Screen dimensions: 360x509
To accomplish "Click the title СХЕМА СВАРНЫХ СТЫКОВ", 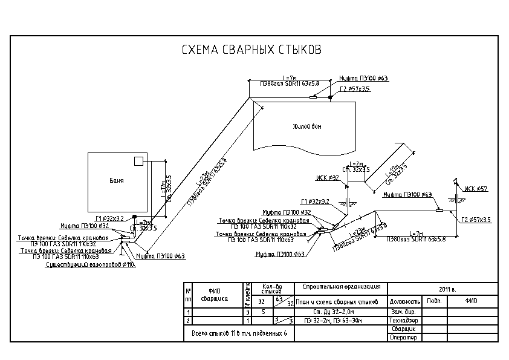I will point(251,50).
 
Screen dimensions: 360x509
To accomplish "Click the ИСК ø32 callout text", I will point(327,178).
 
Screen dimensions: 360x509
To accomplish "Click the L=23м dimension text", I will point(201,181).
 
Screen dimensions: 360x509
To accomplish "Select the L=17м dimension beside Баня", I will point(162,185).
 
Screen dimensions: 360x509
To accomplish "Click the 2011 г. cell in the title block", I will point(447,289).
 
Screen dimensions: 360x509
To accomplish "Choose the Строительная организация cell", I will point(340,286).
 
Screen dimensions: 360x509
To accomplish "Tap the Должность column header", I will point(405,301).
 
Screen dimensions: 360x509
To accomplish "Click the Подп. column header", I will point(434,300).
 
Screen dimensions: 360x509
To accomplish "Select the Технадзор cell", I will point(404,320).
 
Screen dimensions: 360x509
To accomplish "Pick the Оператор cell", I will point(403,337).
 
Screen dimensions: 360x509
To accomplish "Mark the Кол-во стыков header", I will point(272,288).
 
